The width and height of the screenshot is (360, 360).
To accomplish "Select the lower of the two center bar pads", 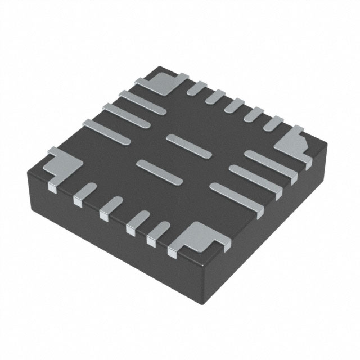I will coord(160,170).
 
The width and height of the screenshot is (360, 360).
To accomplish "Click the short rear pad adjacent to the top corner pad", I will coord(197,87).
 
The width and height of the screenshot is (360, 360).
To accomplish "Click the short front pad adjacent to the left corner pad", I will coord(83,192).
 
